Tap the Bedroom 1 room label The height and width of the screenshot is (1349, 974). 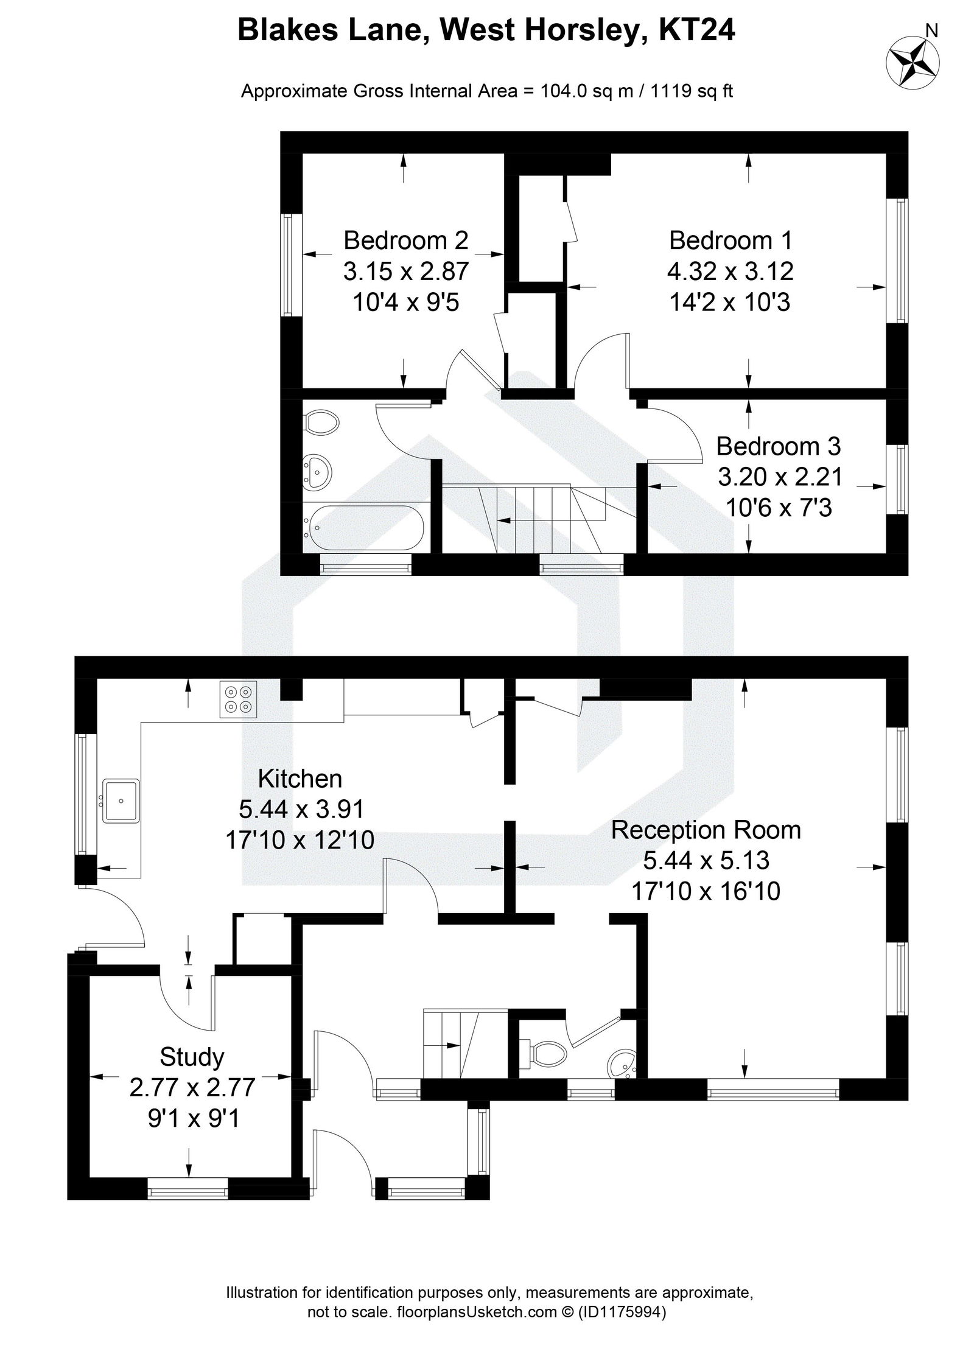[730, 240]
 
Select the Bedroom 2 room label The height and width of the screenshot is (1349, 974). [405, 240]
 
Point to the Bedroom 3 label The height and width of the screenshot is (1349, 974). [778, 446]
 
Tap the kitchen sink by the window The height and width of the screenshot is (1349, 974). [122, 801]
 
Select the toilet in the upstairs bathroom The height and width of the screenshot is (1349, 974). [321, 421]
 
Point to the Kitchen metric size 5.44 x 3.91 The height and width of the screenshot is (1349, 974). [301, 809]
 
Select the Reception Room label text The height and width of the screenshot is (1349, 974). [706, 830]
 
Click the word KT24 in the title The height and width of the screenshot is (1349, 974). [698, 30]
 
